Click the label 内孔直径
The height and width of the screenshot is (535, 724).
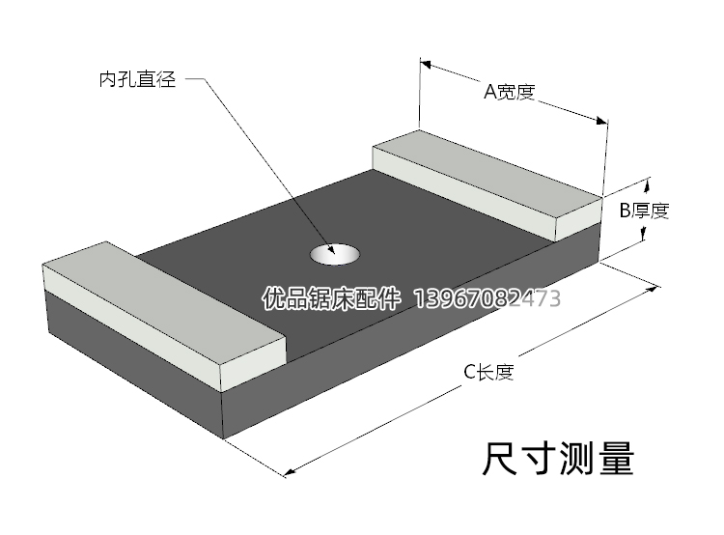137,80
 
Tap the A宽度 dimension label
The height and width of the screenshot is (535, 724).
509,92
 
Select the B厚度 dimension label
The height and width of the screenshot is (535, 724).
644,210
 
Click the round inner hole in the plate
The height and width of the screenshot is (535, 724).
334,254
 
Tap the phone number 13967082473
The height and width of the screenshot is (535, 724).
487,299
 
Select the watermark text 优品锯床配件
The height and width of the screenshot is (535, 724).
331,299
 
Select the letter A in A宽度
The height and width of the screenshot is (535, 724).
489,92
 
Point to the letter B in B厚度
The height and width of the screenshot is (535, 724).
625,210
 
